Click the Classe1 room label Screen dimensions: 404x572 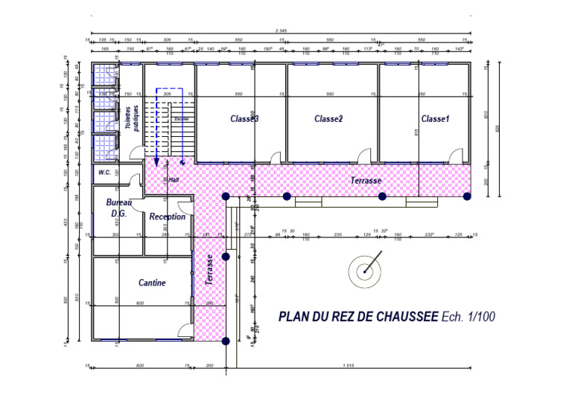pyautogui.click(x=436, y=119)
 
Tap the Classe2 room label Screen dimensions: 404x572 pyautogui.click(x=328, y=119)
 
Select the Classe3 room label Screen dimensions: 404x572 pyautogui.click(x=244, y=119)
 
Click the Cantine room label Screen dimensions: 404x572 pyautogui.click(x=152, y=283)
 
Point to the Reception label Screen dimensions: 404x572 pyautogui.click(x=168, y=217)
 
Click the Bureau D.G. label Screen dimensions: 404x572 pyautogui.click(x=118, y=208)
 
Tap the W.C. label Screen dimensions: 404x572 pyautogui.click(x=104, y=172)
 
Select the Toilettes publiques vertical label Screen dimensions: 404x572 pyautogui.click(x=132, y=116)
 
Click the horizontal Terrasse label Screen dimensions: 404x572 pyautogui.click(x=366, y=181)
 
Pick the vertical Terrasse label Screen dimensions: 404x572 pyautogui.click(x=211, y=270)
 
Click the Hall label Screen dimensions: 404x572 pyautogui.click(x=174, y=179)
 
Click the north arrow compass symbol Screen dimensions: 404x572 pyautogui.click(x=365, y=271)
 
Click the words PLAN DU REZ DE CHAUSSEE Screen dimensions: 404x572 pyautogui.click(x=357, y=316)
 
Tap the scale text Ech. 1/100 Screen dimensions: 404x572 pyautogui.click(x=468, y=316)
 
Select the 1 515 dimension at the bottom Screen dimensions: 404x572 pyautogui.click(x=348, y=365)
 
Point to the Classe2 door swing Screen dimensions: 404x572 pyautogui.click(x=364, y=155)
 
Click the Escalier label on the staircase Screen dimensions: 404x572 pyautogui.click(x=181, y=118)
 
